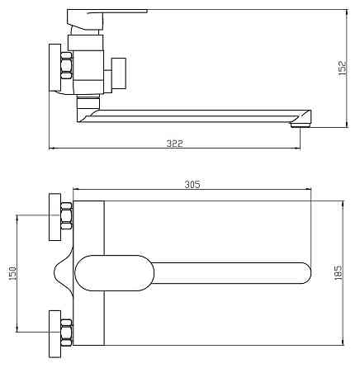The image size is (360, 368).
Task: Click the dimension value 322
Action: pyautogui.click(x=174, y=144)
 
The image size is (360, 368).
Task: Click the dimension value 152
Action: pyautogui.click(x=343, y=68)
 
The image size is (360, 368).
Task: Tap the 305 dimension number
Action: pyautogui.click(x=192, y=184)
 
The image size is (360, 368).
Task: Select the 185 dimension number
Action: pyautogui.click(x=339, y=272)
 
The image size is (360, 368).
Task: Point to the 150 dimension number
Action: pyautogui.click(x=12, y=273)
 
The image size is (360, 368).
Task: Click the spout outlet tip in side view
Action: pyautogui.click(x=301, y=125)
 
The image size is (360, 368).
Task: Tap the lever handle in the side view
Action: pyautogui.click(x=107, y=19)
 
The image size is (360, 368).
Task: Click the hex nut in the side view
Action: pyautogui.click(x=67, y=65)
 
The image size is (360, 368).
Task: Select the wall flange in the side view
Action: pyautogui.click(x=54, y=68)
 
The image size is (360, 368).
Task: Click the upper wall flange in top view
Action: pyautogui.click(x=54, y=217)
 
